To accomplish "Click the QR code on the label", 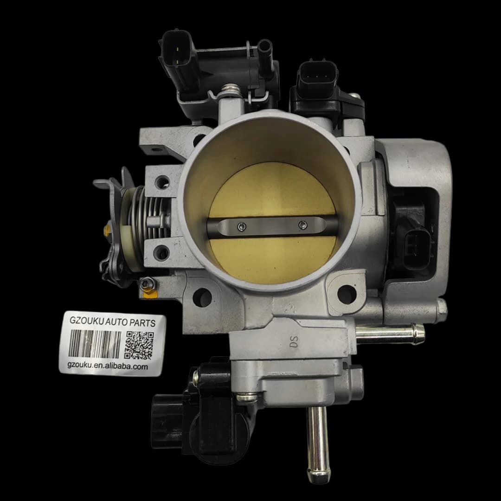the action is (x=139, y=345).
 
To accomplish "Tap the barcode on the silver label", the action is (x=95, y=344).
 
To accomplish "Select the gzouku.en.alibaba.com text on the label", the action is (x=108, y=366).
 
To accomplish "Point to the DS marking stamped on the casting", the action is (x=294, y=341).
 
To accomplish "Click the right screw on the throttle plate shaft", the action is (x=302, y=225).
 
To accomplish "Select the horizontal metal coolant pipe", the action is (x=390, y=334).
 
